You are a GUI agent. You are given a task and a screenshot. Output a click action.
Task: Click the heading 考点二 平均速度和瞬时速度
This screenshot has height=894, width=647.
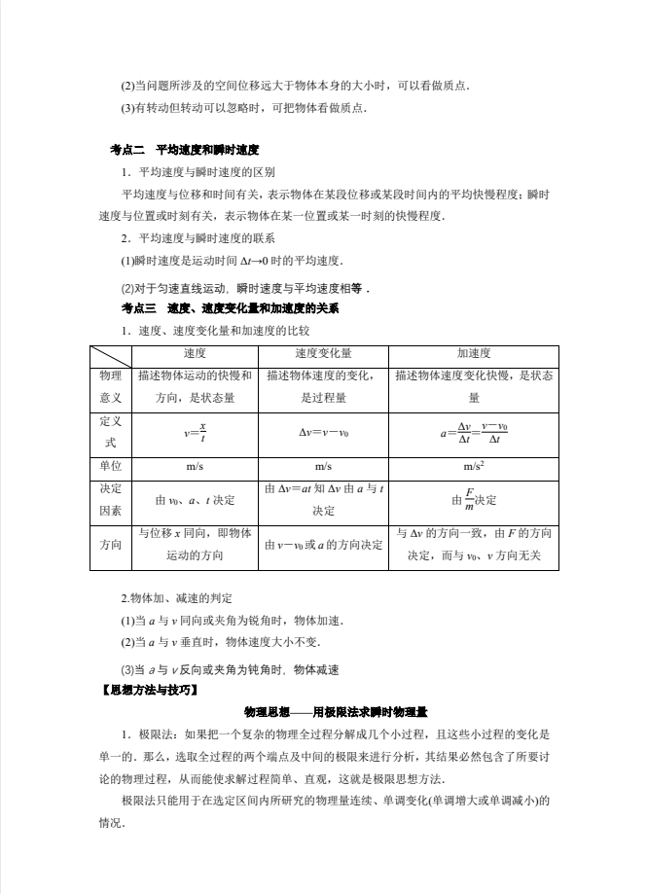(x=185, y=150)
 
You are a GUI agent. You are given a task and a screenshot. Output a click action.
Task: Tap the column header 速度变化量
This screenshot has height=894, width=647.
(x=323, y=353)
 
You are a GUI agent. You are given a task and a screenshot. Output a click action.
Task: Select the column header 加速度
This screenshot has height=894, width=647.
(x=474, y=353)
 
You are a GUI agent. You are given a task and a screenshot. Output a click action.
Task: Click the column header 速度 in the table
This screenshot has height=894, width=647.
(x=195, y=353)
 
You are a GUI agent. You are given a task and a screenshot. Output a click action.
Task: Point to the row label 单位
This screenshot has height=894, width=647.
(x=110, y=466)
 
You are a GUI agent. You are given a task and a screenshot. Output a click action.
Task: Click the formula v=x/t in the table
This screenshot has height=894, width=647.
(x=195, y=432)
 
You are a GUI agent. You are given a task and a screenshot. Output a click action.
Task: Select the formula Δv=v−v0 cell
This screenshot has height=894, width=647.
(x=323, y=432)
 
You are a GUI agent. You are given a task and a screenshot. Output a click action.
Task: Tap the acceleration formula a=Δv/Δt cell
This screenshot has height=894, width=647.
(x=474, y=432)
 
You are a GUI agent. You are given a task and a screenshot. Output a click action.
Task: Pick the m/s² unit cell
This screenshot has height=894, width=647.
(x=474, y=466)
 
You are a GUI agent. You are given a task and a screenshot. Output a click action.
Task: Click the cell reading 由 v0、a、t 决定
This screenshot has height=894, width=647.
(x=195, y=500)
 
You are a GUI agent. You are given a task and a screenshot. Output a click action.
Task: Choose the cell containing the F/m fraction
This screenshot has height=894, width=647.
(x=474, y=500)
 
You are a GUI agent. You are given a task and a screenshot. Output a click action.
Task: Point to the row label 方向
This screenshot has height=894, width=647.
(x=110, y=545)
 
